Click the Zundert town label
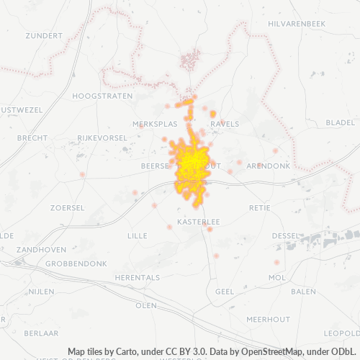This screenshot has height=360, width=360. point(44,35)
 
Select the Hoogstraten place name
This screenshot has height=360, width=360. point(103,95)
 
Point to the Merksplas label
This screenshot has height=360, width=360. point(155,124)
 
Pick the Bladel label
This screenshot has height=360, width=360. point(340,123)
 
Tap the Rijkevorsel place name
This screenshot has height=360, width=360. point(103,137)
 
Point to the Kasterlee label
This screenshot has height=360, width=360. point(198,221)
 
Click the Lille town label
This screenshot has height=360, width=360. point(137,235)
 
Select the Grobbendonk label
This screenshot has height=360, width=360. point(76,264)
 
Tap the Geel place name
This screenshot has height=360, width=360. point(225,291)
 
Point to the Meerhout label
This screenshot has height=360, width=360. point(268,319)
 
